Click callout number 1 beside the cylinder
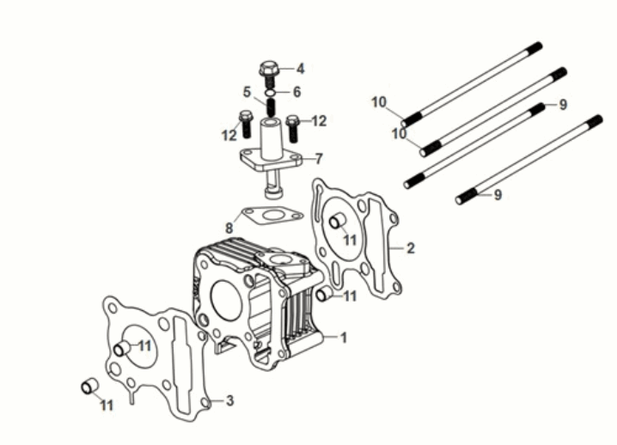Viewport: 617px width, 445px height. coord(344,338)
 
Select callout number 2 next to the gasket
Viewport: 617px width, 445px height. coord(411,248)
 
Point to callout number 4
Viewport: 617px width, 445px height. coord(300,69)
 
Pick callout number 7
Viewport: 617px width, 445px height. coord(319,158)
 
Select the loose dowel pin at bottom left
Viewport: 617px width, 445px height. coord(88,386)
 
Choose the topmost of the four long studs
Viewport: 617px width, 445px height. coord(473,82)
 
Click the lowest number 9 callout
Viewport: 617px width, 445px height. coord(497,195)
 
